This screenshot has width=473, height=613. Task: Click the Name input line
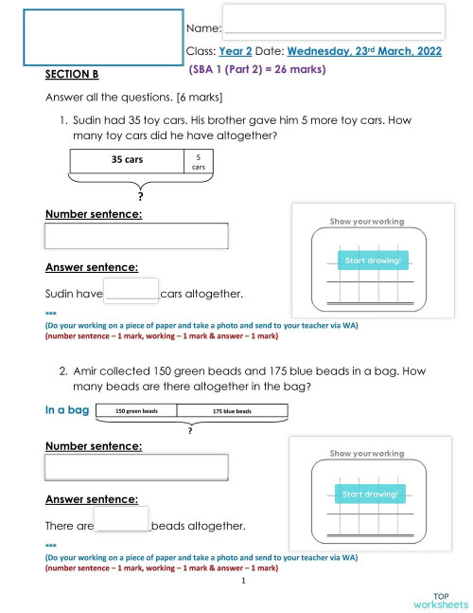coord(332,21)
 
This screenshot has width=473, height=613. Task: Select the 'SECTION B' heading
coord(72,74)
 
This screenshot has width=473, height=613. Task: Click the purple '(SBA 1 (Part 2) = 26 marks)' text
coord(257,69)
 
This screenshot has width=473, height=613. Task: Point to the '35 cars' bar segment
coord(127,160)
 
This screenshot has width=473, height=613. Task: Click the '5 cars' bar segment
coord(199,161)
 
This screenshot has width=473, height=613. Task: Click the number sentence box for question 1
coord(136,236)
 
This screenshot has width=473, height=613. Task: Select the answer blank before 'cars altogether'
coord(131,290)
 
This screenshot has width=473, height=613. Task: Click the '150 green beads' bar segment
coord(136,411)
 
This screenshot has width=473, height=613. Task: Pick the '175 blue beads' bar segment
coord(231,411)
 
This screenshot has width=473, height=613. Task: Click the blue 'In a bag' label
coord(67,410)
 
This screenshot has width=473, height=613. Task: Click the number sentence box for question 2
coord(136,467)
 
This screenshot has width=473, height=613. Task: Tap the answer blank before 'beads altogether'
coord(122,520)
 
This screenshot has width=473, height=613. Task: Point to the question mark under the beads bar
coord(190,430)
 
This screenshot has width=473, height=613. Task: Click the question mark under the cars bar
coord(140,196)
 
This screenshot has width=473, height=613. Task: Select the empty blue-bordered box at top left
coord(102,37)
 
